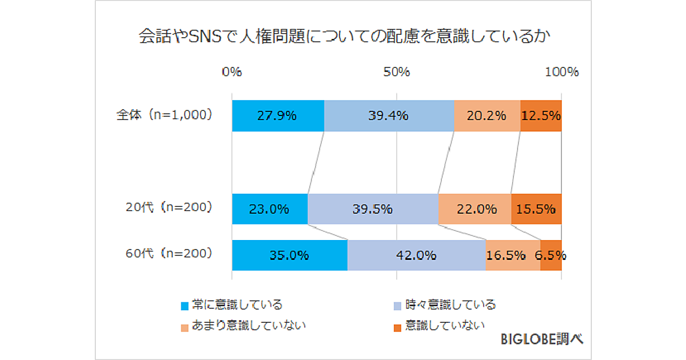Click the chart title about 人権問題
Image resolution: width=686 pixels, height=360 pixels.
344,38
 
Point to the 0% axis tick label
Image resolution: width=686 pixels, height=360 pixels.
232,72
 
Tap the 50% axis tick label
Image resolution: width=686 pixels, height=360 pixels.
397,72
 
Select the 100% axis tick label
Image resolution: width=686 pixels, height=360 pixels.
561,72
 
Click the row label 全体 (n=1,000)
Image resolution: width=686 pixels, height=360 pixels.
165,114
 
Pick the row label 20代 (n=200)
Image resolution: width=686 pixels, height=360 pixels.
169,208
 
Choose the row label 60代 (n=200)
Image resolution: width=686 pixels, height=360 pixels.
169,253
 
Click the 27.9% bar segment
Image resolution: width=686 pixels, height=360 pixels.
278,115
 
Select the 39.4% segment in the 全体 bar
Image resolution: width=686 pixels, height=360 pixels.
389,115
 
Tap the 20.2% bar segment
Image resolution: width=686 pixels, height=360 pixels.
487,115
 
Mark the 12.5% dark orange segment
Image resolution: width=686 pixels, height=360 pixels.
541,115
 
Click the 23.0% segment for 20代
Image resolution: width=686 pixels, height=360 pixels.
270,209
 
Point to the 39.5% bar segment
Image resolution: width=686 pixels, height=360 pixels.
373,209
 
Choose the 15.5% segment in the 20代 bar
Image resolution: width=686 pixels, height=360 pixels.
536,209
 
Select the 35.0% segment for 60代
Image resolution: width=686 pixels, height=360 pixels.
289,255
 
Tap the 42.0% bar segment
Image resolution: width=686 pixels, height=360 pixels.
416,255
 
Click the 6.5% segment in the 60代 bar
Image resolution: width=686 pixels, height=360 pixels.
551,255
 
